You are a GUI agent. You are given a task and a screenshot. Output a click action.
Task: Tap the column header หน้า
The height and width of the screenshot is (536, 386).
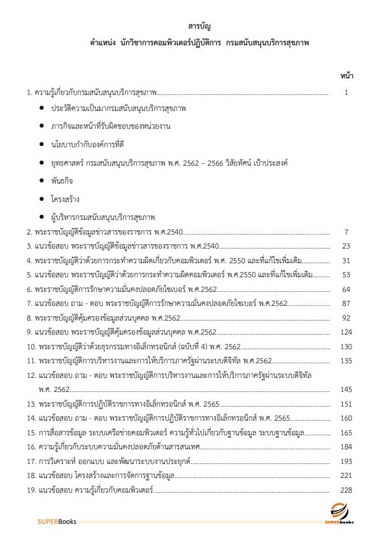(347, 76)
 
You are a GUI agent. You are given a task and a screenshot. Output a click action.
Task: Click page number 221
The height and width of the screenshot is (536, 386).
(347, 475)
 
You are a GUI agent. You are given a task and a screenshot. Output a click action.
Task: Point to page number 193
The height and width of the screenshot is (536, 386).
(347, 461)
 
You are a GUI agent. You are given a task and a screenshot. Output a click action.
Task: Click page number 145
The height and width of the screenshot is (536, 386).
(347, 389)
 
